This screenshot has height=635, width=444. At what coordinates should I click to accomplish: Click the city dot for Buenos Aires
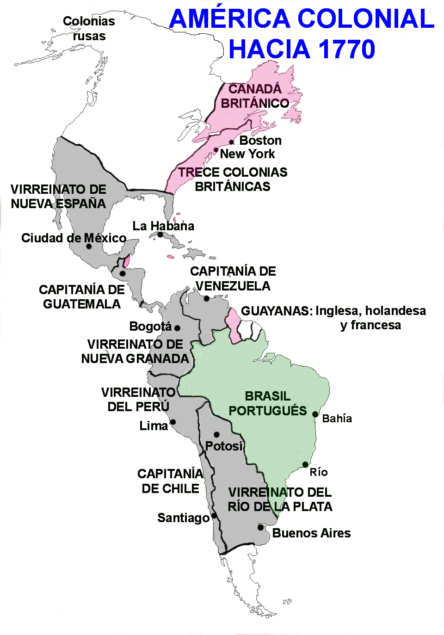click(260, 527)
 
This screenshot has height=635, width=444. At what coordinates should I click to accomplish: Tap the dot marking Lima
click(173, 422)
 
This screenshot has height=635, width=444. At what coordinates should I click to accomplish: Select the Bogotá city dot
click(177, 328)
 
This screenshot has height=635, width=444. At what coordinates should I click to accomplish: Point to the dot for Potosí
click(216, 434)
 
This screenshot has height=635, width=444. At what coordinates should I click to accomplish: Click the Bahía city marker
click(315, 414)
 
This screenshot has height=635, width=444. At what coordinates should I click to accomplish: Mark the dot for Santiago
click(214, 516)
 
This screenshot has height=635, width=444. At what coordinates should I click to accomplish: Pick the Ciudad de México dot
click(89, 246)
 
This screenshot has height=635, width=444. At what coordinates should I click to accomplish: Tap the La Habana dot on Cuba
click(160, 234)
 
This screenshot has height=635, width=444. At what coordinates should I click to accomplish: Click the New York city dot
click(216, 150)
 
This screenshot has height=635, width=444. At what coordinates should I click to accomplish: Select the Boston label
click(260, 140)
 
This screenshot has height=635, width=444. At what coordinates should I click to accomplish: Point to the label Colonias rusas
click(89, 29)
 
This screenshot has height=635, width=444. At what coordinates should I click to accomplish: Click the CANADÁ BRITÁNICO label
click(255, 96)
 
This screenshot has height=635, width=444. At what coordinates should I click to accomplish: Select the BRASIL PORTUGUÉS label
click(267, 403)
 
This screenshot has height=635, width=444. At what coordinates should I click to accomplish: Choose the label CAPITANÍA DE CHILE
click(170, 481)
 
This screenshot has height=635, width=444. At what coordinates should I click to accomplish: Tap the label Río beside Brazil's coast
click(319, 472)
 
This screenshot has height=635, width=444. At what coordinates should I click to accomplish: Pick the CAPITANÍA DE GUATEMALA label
click(82, 297)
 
